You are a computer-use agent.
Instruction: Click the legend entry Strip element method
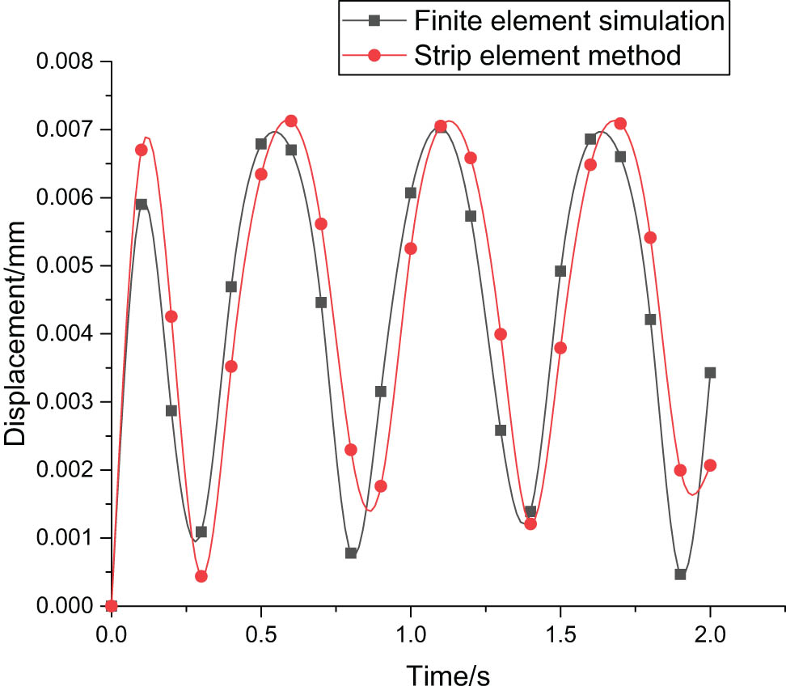coord(547,55)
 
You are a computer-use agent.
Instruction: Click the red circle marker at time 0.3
coord(201,576)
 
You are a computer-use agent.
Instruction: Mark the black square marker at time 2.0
coord(710,372)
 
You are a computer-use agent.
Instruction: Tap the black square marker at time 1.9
coord(680,574)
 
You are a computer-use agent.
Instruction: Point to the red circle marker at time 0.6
coord(291,121)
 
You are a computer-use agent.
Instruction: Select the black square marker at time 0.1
coord(142,204)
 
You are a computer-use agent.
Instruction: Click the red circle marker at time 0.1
coord(142,150)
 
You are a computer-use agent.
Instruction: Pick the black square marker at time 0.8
coord(351,553)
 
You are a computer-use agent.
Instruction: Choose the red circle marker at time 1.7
coord(620,123)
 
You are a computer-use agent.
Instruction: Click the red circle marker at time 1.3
coord(501,334)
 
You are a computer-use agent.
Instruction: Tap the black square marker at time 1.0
coord(411,193)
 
